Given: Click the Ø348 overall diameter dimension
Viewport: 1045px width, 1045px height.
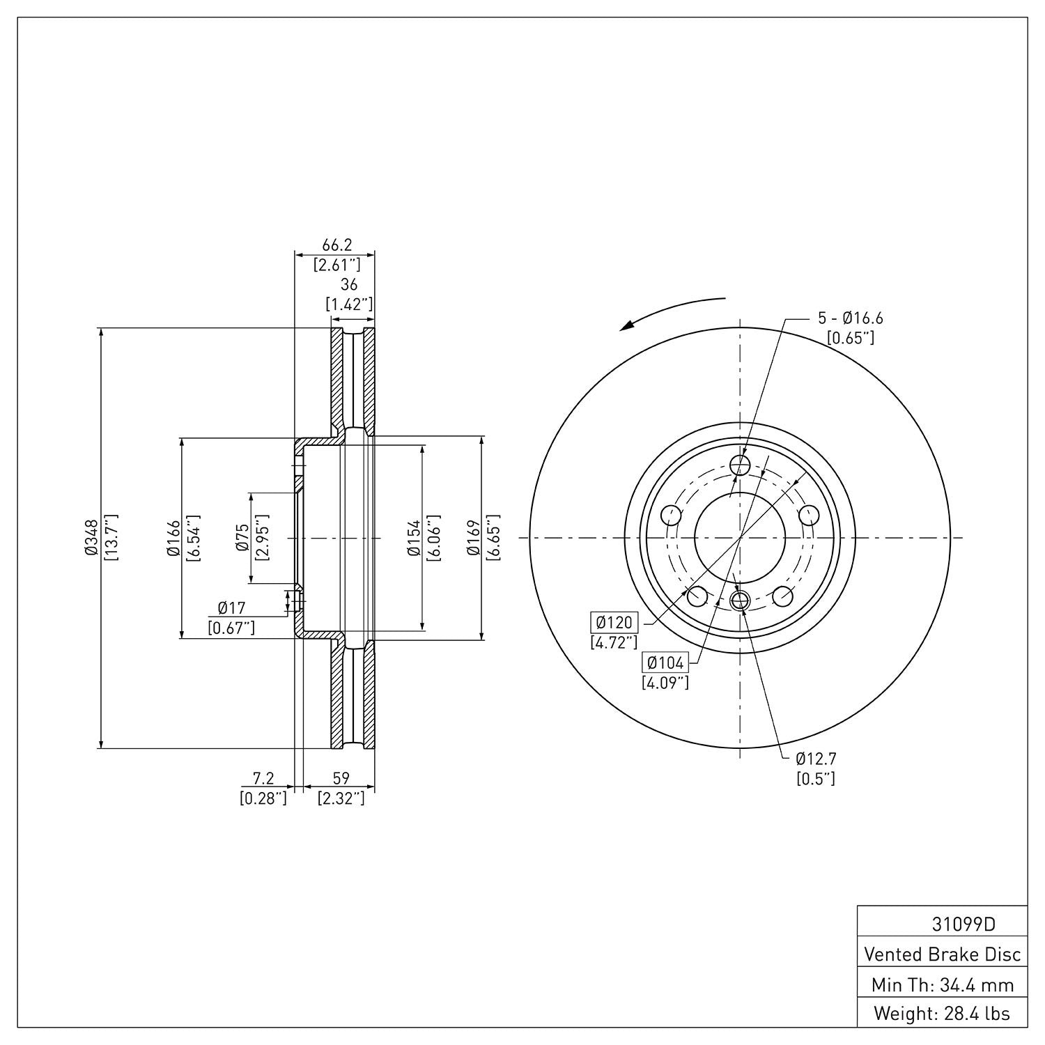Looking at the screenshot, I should coord(91,539).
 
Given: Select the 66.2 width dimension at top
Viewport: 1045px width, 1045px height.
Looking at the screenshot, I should coord(336,245).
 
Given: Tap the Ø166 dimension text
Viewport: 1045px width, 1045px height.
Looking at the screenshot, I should coord(173,539).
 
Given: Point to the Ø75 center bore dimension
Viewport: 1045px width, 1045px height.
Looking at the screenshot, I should coord(242,539).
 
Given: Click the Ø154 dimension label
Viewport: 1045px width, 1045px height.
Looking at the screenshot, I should coord(414,539).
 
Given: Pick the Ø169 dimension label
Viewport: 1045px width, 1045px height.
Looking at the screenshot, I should coord(474,539).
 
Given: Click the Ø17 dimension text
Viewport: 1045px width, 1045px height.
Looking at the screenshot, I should coord(231,608).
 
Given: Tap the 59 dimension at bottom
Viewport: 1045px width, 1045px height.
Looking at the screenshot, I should coord(341,777).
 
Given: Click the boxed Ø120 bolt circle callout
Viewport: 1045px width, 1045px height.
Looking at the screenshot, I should coord(614,621).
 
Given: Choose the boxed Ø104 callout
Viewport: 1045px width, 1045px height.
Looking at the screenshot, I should coord(665,663).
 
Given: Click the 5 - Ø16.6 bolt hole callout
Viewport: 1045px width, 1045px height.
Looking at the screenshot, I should coord(850,318).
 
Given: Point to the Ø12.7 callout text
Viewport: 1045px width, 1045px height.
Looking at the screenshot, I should coord(816,758).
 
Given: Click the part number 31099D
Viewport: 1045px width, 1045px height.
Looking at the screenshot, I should coord(963,924).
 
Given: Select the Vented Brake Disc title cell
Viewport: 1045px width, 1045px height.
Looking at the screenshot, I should coord(942,954).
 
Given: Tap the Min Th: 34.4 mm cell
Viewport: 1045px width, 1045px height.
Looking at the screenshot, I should coord(942,984).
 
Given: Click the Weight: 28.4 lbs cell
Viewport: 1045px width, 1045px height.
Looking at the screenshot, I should coord(942,1014).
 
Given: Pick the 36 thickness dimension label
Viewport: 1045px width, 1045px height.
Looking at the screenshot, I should coord(348,284).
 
